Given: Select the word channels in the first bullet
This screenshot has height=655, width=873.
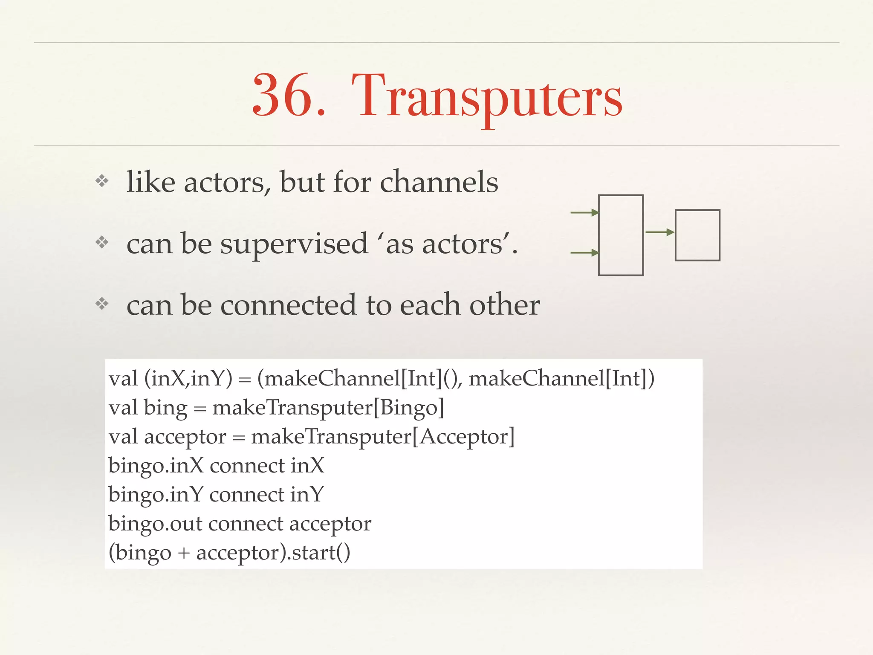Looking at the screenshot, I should click(x=439, y=183).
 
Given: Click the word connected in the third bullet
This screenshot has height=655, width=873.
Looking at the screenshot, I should click(x=288, y=305).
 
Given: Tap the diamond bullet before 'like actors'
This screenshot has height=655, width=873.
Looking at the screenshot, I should click(x=102, y=181).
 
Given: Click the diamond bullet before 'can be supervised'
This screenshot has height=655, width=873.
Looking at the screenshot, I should click(x=102, y=243).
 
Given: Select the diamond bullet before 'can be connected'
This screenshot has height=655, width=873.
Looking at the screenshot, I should click(x=102, y=304).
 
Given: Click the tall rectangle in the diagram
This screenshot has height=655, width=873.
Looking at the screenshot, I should click(x=621, y=235).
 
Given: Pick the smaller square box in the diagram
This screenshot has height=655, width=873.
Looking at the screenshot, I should click(x=697, y=235).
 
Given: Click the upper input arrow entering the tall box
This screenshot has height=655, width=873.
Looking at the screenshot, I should click(x=584, y=212).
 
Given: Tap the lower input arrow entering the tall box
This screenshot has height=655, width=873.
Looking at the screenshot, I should click(x=584, y=253).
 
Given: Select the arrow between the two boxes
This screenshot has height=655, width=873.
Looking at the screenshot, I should click(x=659, y=232).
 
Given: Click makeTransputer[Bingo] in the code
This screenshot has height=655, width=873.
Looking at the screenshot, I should click(x=328, y=408).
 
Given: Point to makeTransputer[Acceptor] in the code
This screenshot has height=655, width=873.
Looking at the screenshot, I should click(x=383, y=437).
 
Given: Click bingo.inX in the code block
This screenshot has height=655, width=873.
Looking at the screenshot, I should click(x=156, y=466).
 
